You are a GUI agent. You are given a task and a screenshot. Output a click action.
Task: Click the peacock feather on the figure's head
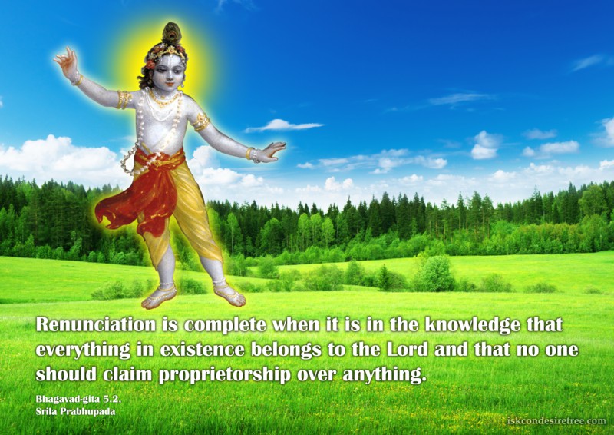[x=171, y=33]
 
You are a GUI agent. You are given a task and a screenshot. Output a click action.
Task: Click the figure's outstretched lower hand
[x=269, y=151]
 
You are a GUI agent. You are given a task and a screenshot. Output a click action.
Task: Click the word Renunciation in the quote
[x=96, y=325]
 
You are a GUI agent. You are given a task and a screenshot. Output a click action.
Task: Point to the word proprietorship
[x=225, y=375]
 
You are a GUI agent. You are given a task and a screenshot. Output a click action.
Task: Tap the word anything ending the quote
[x=385, y=375]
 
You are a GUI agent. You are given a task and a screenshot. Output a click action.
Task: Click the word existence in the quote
[x=202, y=350]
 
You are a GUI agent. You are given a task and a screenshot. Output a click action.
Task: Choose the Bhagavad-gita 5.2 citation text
[x=79, y=400]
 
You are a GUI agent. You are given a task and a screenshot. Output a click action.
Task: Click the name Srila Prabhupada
[x=75, y=412]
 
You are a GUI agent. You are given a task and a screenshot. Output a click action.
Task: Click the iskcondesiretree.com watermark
[x=556, y=421]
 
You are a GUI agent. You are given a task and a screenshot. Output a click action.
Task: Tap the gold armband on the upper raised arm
[x=124, y=100]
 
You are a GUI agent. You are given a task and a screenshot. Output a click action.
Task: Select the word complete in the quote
[x=226, y=326]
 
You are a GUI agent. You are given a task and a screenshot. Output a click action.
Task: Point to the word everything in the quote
[x=83, y=350]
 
